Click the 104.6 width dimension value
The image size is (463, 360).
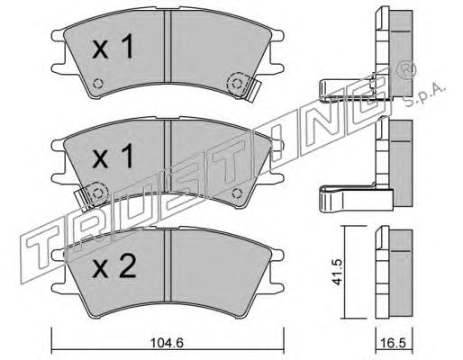pyautogui.click(x=167, y=342)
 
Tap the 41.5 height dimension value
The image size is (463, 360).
pyautogui.click(x=338, y=273)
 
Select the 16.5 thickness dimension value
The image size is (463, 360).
pyautogui.click(x=393, y=343)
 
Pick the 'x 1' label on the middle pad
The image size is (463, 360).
pyautogui.click(x=113, y=156)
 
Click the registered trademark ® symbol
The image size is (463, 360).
pyautogui.click(x=406, y=70)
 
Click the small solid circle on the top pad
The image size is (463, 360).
pyautogui.click(x=98, y=84)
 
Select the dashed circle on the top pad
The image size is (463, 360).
pyautogui.click(x=238, y=84)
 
